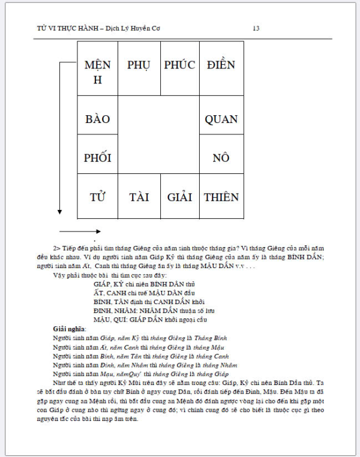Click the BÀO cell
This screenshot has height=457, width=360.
pyautogui.click(x=98, y=119)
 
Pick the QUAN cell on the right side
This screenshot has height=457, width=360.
pyautogui.click(x=221, y=119)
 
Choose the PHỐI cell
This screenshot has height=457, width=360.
pyautogui.click(x=98, y=158)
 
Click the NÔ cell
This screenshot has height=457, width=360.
pyautogui.click(x=221, y=158)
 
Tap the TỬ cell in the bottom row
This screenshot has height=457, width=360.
pyautogui.click(x=98, y=197)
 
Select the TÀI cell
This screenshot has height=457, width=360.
pyautogui.click(x=139, y=197)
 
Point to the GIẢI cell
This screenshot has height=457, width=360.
pyautogui.click(x=180, y=197)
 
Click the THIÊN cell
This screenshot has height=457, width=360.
pyautogui.click(x=221, y=197)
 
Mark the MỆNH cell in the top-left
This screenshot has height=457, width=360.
pyautogui.click(x=98, y=71)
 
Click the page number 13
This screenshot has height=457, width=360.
pyautogui.click(x=256, y=28)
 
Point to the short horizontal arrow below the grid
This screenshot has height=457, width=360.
pyautogui.click(x=80, y=231)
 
